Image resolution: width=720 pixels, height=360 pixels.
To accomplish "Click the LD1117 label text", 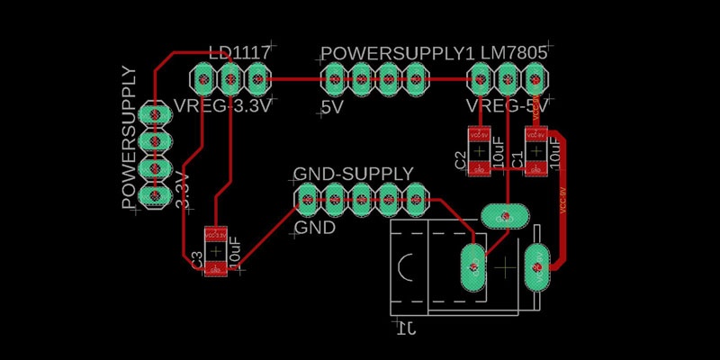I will click(238, 53).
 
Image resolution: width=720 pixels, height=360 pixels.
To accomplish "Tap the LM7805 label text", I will click(514, 53).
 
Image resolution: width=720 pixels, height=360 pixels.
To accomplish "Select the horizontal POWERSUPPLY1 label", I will click(397, 53).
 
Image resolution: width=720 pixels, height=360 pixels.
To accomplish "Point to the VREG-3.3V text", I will click(221, 105).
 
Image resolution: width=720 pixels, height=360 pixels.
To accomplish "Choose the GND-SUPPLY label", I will click(354, 173).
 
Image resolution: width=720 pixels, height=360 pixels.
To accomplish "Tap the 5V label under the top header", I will click(332, 108).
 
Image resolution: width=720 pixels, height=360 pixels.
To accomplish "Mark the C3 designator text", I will click(197, 259).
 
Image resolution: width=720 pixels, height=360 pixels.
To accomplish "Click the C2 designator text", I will click(460, 161).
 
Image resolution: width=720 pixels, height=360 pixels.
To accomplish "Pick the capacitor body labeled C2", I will click(478, 151).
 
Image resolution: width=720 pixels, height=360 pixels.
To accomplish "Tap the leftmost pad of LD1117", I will click(203, 80).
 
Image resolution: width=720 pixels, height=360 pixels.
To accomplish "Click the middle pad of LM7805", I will click(508, 80).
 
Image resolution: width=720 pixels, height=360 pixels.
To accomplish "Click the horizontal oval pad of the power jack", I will click(504, 216).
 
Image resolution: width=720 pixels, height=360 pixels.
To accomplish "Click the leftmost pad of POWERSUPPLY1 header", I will click(334, 79).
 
